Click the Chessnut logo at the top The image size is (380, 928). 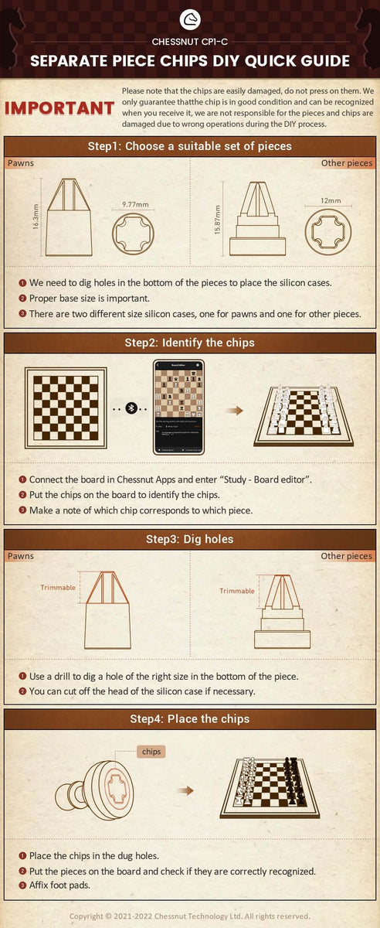(x=190, y=19)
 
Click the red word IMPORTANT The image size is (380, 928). (x=59, y=108)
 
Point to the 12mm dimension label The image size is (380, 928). (x=331, y=200)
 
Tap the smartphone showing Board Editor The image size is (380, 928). (x=178, y=408)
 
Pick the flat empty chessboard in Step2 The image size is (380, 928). (x=66, y=408)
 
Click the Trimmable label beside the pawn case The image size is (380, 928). (x=58, y=588)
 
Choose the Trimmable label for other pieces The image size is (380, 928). (x=236, y=591)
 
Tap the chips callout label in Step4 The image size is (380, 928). (x=151, y=751)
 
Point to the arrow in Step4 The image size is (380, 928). (x=185, y=790)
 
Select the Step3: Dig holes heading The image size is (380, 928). (x=190, y=539)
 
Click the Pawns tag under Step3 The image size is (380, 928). (x=21, y=556)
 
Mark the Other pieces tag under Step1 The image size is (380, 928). (x=347, y=163)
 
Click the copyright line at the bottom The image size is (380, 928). (x=190, y=916)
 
